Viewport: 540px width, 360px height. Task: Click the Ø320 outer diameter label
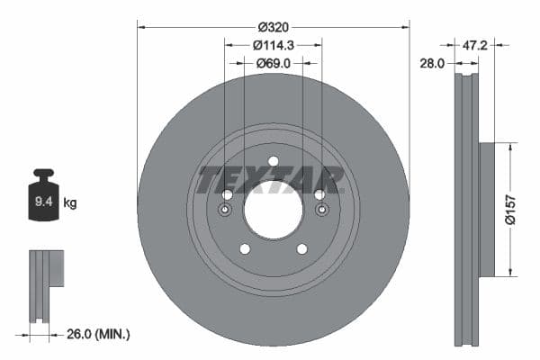(x=273, y=27)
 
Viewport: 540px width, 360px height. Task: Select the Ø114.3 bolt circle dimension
(x=273, y=45)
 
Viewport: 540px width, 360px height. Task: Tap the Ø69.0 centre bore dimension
(x=273, y=63)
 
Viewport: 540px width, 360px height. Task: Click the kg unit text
(x=69, y=203)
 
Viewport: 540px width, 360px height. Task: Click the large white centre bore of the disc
(x=273, y=210)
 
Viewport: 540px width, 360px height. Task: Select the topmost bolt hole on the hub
(x=273, y=162)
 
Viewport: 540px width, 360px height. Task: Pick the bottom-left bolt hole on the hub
(x=244, y=249)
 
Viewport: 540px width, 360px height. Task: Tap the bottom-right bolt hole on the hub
(x=301, y=249)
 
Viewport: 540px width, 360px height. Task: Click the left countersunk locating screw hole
(x=225, y=211)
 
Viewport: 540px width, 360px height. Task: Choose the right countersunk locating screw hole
(x=320, y=211)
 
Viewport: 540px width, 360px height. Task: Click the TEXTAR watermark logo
(x=271, y=180)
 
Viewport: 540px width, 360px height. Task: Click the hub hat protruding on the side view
(x=486, y=209)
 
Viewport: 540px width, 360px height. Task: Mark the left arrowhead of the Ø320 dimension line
(x=140, y=27)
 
